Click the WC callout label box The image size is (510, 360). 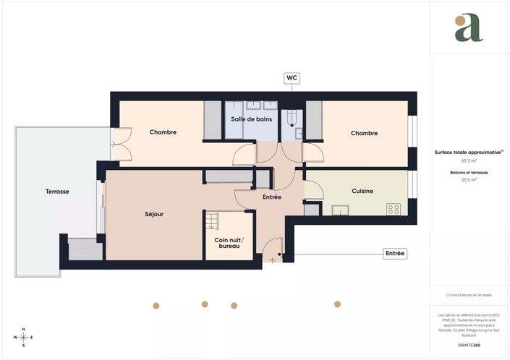(x=292, y=77)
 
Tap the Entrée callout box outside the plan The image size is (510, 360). (x=395, y=254)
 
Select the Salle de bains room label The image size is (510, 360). (x=252, y=119)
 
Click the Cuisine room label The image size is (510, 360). (x=362, y=191)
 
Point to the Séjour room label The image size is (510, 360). (x=153, y=214)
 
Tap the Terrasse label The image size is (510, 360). (x=57, y=192)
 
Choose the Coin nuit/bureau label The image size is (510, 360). (x=229, y=243)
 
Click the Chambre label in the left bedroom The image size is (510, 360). (x=163, y=132)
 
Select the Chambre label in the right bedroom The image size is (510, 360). (x=365, y=133)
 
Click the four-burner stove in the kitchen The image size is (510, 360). (x=394, y=209)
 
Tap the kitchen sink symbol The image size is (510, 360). (x=339, y=210)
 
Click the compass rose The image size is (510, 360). (x=23, y=337)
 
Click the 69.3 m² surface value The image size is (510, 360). (x=469, y=161)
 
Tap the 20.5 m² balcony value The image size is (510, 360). (x=469, y=181)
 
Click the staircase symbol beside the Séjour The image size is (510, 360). (x=211, y=220)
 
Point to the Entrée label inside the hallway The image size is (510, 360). (x=272, y=197)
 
